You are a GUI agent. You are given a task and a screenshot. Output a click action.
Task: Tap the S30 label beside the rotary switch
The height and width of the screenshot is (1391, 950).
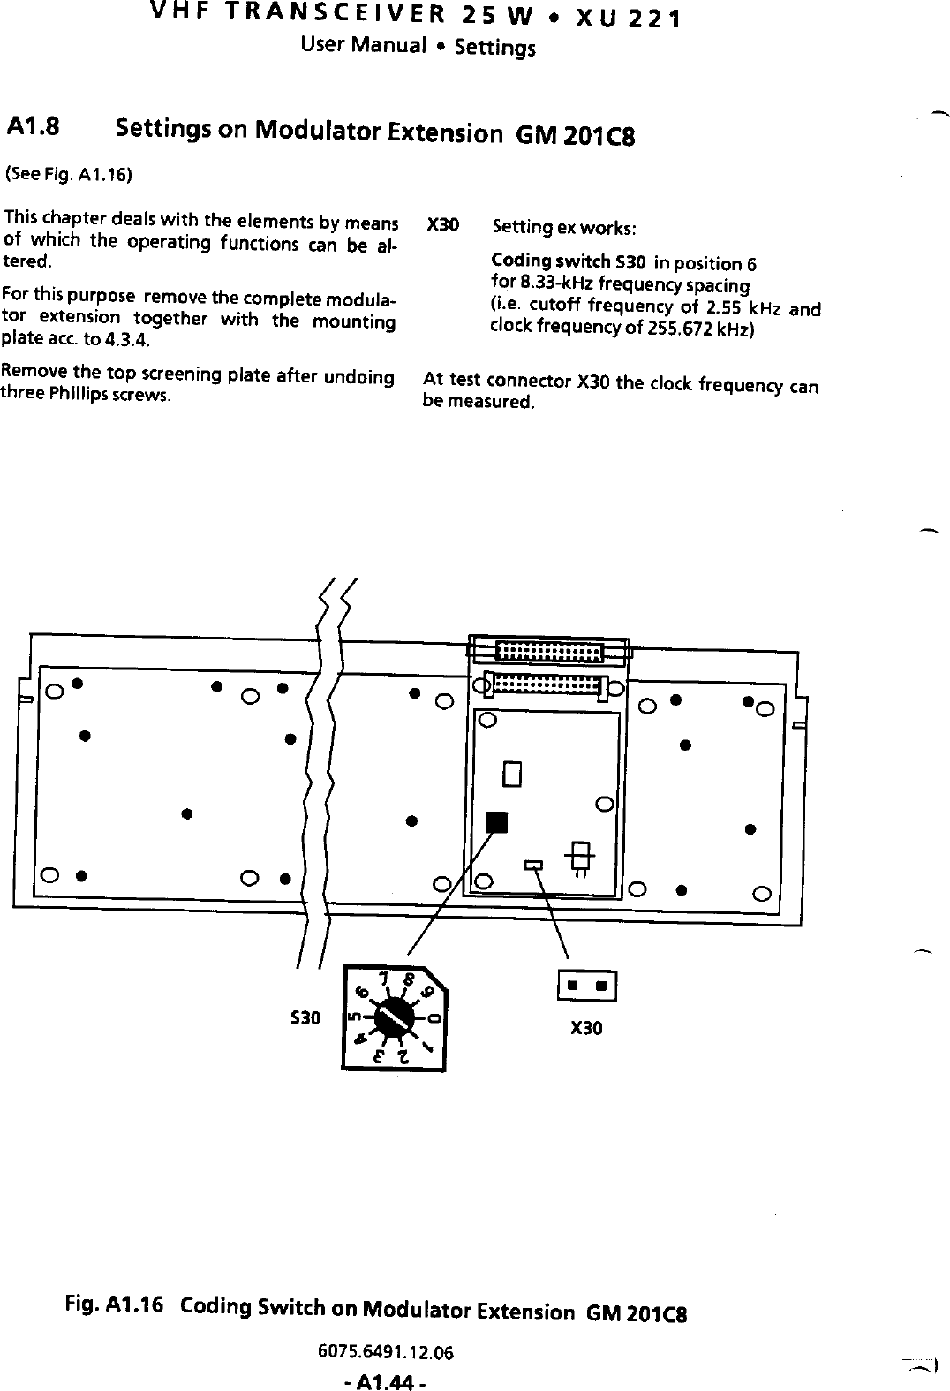click(305, 1018)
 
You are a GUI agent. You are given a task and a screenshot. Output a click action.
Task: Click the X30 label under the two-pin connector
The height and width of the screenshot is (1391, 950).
click(586, 1028)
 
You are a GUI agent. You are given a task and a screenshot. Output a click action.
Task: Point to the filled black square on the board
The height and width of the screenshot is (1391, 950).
click(498, 821)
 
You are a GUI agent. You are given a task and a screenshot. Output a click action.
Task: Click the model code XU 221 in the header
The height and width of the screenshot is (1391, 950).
click(627, 18)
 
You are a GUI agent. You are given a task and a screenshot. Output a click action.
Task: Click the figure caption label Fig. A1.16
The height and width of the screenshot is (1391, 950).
click(112, 1305)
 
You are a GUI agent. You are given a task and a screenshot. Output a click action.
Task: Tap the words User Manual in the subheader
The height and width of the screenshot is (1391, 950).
click(364, 44)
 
